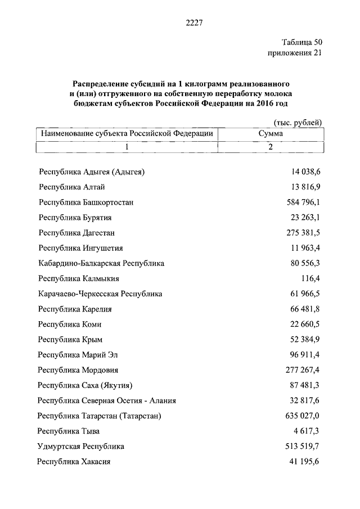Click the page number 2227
(x=193, y=23)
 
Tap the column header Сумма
(x=270, y=134)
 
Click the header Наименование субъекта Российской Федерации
(x=125, y=134)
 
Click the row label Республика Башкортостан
(x=85, y=202)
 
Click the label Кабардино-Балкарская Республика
(x=101, y=263)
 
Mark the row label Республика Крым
(x=70, y=339)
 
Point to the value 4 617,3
(x=307, y=431)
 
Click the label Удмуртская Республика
(x=80, y=447)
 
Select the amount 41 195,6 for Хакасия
(x=305, y=462)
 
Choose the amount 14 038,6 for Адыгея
(x=305, y=172)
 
